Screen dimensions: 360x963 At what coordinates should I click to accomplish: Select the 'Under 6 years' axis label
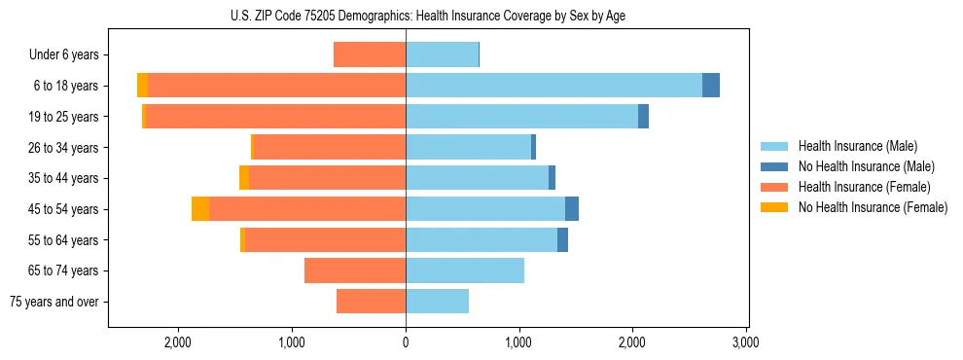click(64, 55)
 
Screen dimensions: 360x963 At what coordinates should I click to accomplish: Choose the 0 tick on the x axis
click(406, 342)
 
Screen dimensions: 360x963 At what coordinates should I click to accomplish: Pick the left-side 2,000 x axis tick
click(178, 342)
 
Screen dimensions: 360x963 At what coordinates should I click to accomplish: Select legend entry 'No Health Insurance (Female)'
click(873, 207)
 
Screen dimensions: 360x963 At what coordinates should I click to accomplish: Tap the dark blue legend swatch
click(775, 166)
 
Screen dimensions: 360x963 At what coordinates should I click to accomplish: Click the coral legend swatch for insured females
click(775, 187)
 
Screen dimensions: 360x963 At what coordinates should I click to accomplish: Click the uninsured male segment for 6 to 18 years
click(711, 86)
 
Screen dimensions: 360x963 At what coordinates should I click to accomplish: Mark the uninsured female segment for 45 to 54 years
click(200, 209)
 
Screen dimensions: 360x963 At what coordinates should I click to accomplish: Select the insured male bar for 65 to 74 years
click(465, 270)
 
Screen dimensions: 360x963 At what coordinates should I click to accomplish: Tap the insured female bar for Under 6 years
click(370, 55)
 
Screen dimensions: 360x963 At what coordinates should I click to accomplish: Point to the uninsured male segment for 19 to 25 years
click(643, 117)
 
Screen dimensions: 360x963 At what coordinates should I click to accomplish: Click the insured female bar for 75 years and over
click(371, 302)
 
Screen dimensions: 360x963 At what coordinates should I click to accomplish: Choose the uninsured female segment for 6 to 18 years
click(143, 86)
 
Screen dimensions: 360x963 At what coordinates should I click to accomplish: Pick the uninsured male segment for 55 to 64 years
click(562, 240)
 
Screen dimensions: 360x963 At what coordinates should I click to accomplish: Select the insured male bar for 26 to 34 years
click(468, 148)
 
